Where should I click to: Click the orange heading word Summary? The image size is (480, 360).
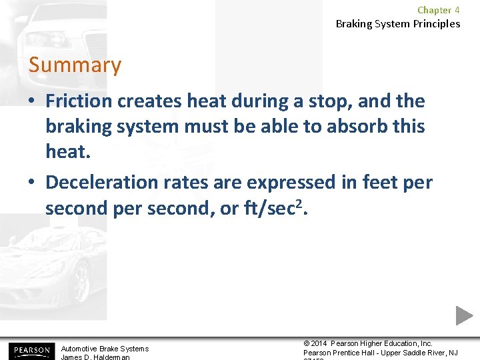point(75,65)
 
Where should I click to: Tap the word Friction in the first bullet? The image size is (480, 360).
point(78,101)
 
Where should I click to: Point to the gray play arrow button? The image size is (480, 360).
point(465,315)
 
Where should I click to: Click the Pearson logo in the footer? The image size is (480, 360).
point(30,351)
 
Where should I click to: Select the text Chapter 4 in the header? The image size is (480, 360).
point(438,10)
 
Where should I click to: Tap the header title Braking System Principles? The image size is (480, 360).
point(397,24)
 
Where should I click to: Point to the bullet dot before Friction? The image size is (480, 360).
point(33,102)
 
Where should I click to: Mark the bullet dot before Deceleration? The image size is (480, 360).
point(33,183)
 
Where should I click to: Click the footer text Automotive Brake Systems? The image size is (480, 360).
point(105,349)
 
